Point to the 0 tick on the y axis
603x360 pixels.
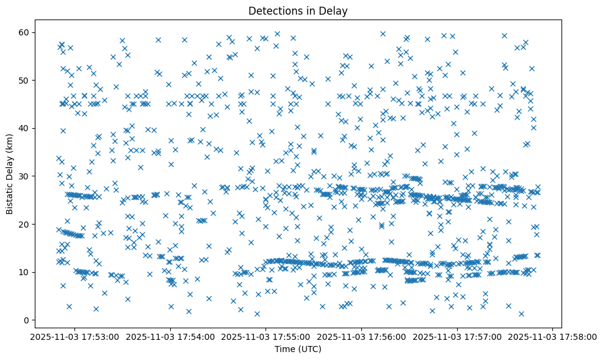coord(27,320)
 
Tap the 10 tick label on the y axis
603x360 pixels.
coord(24,272)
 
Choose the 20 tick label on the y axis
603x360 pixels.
coord(24,224)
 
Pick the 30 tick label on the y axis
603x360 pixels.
coord(24,176)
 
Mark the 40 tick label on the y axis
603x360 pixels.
coord(24,128)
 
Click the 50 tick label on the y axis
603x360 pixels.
coord(24,80)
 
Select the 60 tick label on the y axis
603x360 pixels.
coord(24,32)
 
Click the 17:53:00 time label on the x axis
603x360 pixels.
coord(74,336)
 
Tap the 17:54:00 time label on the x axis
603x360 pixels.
coord(170,336)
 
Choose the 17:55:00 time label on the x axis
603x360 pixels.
coord(266,336)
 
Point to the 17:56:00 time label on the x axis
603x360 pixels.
coord(362,336)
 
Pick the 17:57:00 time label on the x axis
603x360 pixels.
coord(457,336)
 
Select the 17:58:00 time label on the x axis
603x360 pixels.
coord(553,336)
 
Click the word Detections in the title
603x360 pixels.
coord(273,10)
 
